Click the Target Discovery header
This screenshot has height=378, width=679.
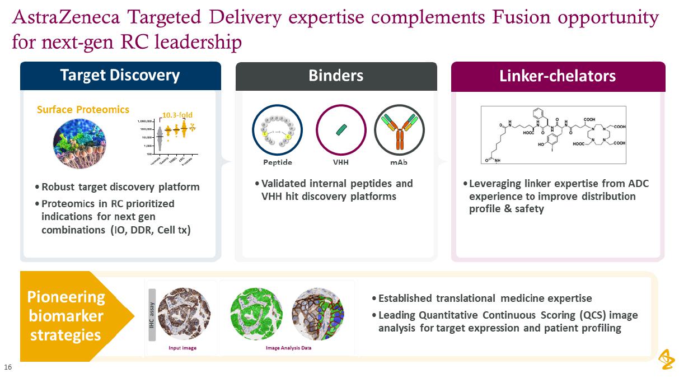(120, 76)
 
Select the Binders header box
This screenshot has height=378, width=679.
(336, 76)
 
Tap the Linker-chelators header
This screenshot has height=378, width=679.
(558, 76)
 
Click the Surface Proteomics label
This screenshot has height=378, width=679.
(83, 110)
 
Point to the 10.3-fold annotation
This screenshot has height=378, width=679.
(177, 115)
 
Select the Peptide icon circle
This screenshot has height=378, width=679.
(277, 130)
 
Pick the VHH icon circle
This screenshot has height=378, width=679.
(341, 130)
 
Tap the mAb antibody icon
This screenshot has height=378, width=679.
(399, 130)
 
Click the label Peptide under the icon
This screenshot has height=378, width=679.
(278, 162)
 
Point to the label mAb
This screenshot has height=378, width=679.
(399, 162)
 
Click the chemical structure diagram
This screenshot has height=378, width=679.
(553, 135)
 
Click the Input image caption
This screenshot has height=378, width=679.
(182, 348)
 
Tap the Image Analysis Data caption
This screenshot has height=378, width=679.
(288, 348)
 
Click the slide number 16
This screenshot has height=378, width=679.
(8, 367)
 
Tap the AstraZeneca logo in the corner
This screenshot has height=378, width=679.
(666, 360)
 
